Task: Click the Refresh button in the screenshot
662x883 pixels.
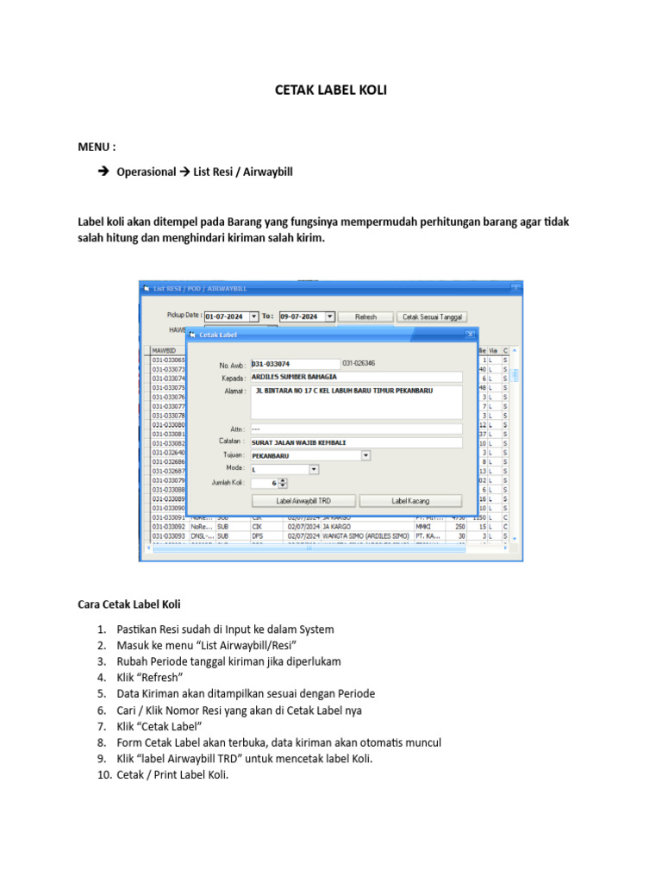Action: [x=365, y=316]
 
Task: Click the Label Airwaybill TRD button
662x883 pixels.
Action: [x=303, y=500]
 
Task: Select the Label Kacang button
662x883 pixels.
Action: [x=410, y=500]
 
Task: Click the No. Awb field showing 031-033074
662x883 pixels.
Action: [x=295, y=364]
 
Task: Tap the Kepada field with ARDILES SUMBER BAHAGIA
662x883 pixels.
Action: [x=355, y=377]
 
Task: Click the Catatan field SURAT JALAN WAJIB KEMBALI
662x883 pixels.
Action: [x=355, y=442]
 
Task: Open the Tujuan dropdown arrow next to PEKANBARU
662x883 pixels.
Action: [x=365, y=455]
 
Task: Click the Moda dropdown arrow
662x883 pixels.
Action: [x=314, y=469]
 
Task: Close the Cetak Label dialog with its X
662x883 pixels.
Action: [x=470, y=334]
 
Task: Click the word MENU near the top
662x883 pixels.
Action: [x=95, y=147]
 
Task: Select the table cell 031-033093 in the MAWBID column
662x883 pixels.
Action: [x=169, y=535]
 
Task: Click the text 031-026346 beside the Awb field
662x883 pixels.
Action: [x=359, y=364]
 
